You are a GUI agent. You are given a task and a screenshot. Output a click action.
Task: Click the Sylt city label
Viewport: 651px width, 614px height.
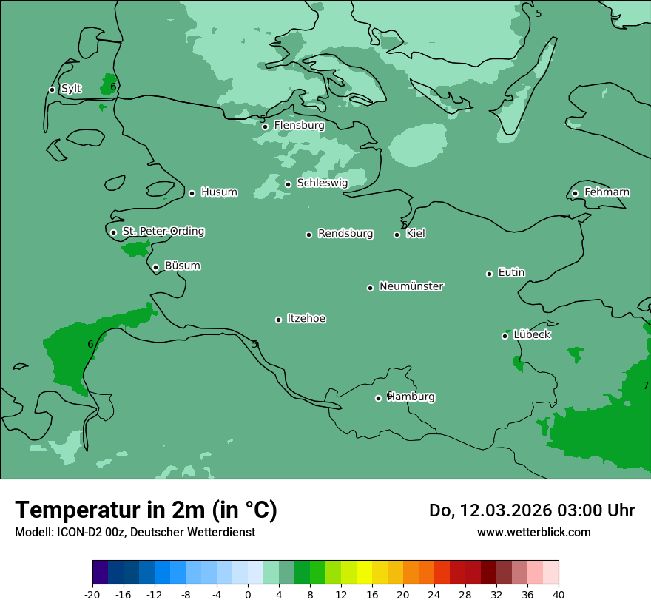pos(71,89)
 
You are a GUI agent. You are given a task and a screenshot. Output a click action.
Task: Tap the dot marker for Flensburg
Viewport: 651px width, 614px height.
pos(265,126)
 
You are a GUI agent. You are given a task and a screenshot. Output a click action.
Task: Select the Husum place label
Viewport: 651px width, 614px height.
pos(219,192)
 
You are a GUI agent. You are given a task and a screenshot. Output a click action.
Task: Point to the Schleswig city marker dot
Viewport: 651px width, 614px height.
pos(288,184)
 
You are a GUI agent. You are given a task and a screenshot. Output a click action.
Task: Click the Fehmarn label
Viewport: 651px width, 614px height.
pos(607,192)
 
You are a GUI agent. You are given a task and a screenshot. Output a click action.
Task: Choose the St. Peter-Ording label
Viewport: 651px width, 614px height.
pos(163,232)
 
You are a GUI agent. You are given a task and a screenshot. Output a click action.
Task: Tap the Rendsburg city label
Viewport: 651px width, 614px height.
pos(345,234)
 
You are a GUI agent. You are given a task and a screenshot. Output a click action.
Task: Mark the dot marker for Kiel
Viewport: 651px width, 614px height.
pos(397,235)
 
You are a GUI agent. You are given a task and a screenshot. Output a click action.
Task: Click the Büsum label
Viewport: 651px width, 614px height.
pos(182,266)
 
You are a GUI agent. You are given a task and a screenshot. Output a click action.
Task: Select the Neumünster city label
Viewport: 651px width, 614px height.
pos(411,286)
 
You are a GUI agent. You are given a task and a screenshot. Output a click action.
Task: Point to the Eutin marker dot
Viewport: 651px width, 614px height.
pos(489,274)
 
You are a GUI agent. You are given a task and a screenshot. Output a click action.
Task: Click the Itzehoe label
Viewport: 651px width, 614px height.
pos(306,319)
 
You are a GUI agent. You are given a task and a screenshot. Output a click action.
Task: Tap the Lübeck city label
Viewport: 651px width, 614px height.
pos(532,334)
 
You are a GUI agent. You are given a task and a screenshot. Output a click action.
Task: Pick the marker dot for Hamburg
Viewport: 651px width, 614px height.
pos(378,398)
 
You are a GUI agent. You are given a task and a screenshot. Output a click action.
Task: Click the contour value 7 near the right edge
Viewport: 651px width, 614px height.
pos(645,385)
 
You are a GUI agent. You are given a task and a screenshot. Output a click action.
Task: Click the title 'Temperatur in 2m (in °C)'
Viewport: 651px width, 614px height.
pos(146,510)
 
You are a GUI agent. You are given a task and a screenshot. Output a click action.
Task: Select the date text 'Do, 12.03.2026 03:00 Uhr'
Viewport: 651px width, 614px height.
pos(531,510)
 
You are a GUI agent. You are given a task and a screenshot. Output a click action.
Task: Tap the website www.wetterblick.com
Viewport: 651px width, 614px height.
pos(533,532)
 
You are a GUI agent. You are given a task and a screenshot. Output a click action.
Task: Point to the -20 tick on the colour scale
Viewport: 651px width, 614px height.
pos(92,594)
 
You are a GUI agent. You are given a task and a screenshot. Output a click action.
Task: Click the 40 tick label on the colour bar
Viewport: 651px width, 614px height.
pos(559,594)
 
